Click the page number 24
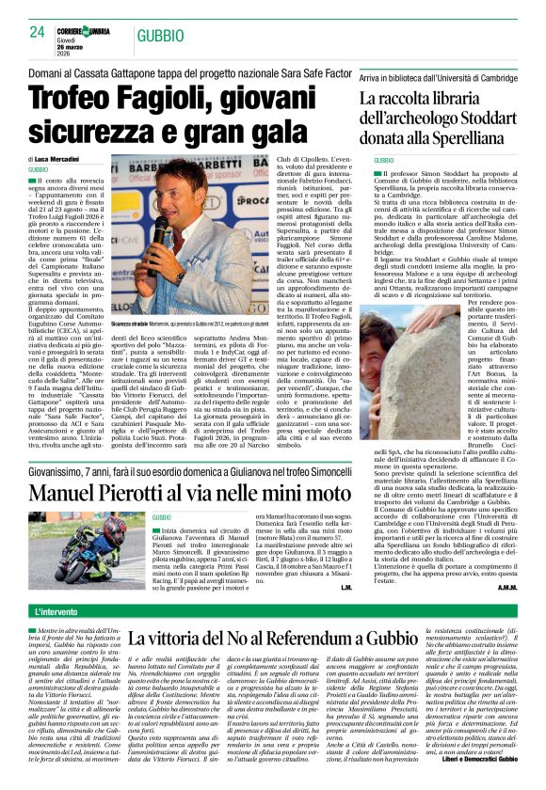coord(37,31)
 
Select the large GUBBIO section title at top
coord(159,36)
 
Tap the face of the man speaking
coord(180,183)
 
